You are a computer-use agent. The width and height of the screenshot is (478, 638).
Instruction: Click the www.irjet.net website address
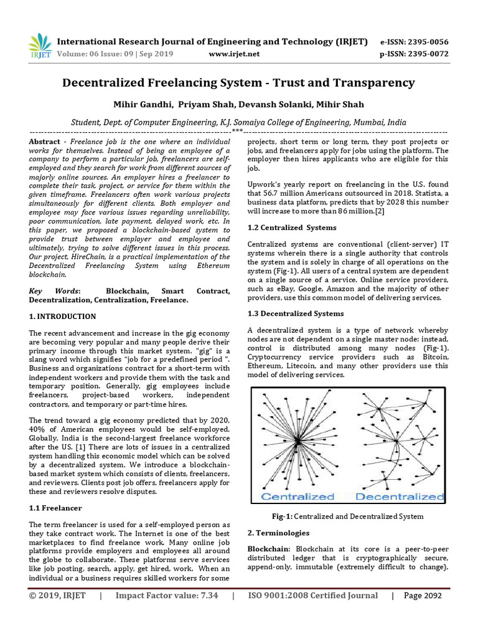[x=234, y=54]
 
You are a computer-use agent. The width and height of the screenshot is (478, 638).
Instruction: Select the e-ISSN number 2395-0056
[x=426, y=42]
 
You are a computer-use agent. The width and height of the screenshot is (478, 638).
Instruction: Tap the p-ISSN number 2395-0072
[x=426, y=54]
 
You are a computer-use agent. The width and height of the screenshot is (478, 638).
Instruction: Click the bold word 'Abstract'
[x=45, y=142]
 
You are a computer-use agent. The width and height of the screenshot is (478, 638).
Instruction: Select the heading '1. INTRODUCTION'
[x=63, y=317]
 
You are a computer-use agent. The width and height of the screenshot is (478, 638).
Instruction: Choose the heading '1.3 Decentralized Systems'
[x=296, y=313]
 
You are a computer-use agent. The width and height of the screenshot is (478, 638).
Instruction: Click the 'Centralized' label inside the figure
[x=297, y=497]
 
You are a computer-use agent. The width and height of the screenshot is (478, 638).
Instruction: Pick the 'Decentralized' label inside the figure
[x=398, y=497]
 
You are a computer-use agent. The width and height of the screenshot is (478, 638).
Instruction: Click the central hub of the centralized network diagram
[x=298, y=440]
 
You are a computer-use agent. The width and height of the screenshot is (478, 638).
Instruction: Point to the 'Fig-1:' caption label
[x=282, y=516]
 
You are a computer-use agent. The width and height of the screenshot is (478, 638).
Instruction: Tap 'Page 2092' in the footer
[x=423, y=595]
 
